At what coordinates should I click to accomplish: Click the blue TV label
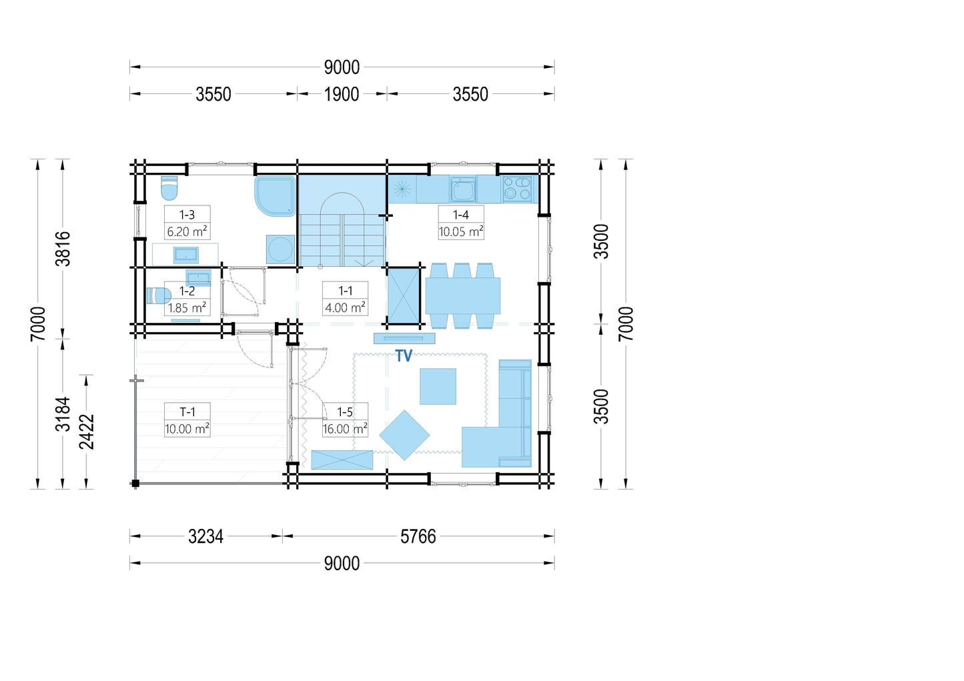point(404,356)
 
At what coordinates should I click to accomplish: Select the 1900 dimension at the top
point(342,94)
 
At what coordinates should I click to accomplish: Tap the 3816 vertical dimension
point(63,249)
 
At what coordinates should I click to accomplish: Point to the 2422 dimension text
point(87,432)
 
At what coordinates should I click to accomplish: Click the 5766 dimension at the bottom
point(418,536)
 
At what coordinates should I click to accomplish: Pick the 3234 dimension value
point(205,536)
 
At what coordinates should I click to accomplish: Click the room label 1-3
point(187,214)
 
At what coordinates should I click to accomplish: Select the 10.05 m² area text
point(461,231)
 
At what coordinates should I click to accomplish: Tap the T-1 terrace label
point(187,412)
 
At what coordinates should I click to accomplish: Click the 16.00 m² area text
point(345,428)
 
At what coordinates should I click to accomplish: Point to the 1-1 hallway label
point(345,290)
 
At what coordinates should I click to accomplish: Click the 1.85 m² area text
point(187,307)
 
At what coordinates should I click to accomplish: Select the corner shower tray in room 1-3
point(276,196)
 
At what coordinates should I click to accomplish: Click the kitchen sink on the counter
point(463,189)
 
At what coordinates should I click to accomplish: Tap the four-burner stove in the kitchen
point(517,189)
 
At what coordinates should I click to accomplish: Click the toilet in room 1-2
point(159,296)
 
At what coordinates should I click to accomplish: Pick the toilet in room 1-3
point(169,188)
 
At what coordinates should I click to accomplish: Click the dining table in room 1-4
point(462,296)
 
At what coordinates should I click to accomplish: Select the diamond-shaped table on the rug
point(404,435)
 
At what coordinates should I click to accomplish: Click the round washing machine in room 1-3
point(281,249)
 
